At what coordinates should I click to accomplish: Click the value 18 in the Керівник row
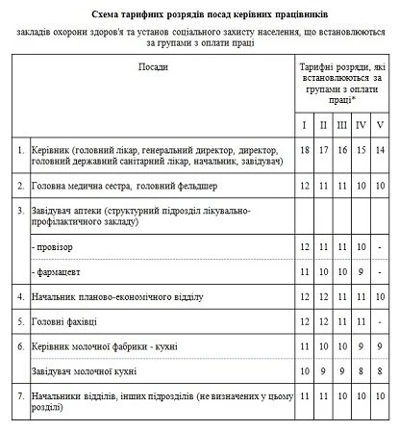point(304,151)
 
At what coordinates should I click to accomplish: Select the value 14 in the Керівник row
point(380,151)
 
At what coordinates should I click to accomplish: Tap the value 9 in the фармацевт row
point(360,272)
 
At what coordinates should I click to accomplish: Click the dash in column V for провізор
point(380,247)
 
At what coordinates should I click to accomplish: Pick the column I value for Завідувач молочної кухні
point(304,368)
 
